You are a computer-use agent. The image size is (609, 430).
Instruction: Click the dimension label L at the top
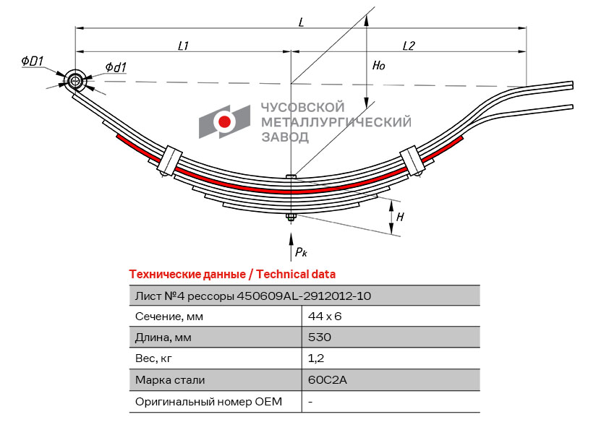click(301, 22)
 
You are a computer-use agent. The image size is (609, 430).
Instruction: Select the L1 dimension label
click(184, 46)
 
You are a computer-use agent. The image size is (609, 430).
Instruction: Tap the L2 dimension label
click(409, 46)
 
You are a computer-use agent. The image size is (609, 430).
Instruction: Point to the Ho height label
click(379, 66)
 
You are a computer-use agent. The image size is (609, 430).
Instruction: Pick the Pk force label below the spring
click(301, 252)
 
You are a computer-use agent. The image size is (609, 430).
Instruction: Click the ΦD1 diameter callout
click(33, 61)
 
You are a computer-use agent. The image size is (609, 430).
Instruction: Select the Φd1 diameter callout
click(116, 67)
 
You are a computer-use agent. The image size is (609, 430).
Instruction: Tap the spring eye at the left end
click(74, 81)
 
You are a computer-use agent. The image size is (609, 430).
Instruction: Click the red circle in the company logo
click(225, 122)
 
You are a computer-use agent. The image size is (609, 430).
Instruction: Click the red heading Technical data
click(231, 275)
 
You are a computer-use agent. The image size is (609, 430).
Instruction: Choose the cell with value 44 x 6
click(324, 316)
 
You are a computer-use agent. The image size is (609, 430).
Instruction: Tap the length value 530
click(319, 337)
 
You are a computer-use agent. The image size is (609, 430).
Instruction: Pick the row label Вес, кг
click(155, 358)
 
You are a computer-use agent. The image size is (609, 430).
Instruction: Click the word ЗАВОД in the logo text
click(285, 136)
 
